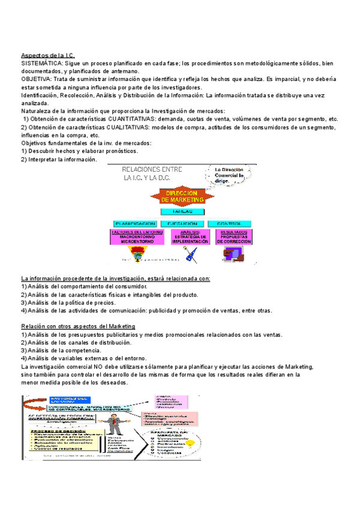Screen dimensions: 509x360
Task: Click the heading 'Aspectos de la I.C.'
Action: (47, 55)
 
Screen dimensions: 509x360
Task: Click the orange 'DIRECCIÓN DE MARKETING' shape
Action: (182, 197)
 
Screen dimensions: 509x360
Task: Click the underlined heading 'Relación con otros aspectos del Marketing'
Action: (79, 327)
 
